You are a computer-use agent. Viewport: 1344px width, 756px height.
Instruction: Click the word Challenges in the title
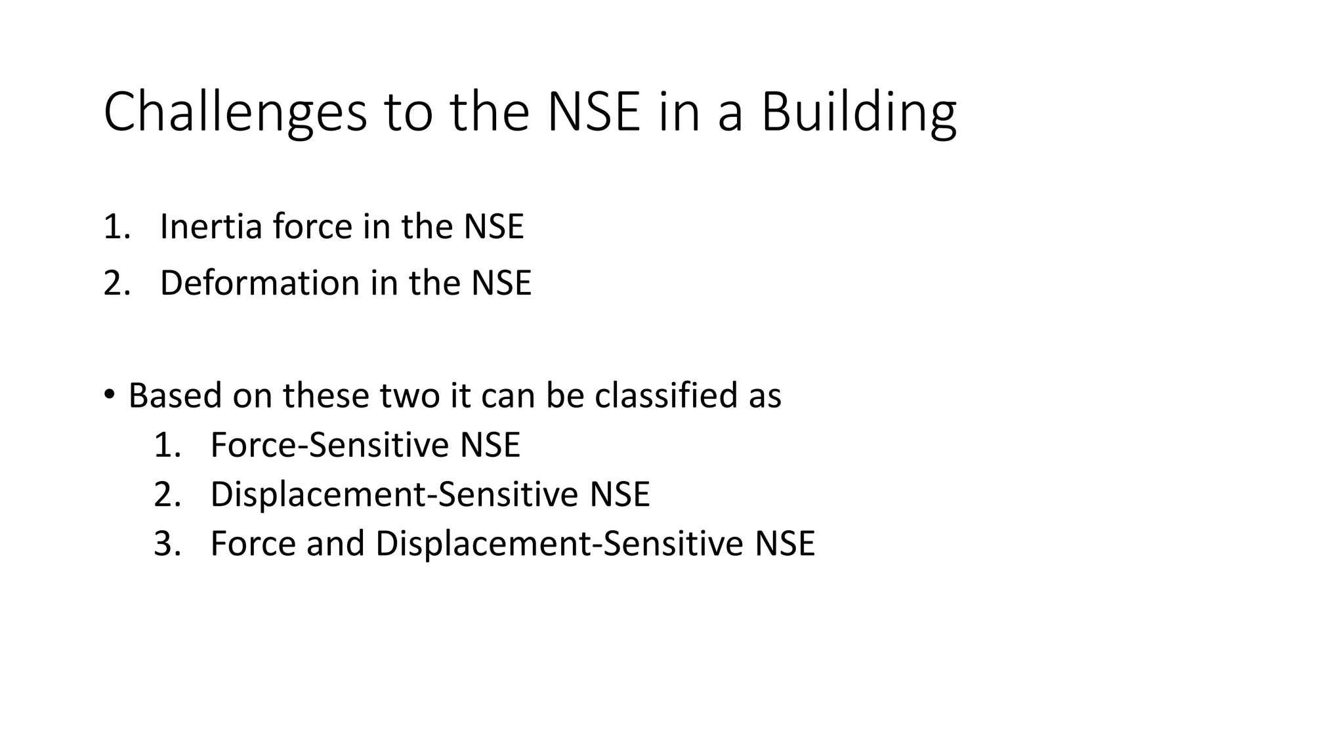click(x=235, y=113)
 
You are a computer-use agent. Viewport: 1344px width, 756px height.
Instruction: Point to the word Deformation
click(x=260, y=283)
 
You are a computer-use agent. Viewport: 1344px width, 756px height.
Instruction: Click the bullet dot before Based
click(x=109, y=394)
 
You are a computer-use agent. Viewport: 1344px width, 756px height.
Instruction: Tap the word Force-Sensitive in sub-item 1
click(x=329, y=445)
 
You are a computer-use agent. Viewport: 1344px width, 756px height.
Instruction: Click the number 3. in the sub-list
click(x=167, y=544)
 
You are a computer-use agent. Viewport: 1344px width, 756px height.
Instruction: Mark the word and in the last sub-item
click(x=335, y=544)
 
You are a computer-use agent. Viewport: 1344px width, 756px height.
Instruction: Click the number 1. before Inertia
click(x=117, y=227)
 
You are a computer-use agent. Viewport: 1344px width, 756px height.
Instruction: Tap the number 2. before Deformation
click(x=117, y=283)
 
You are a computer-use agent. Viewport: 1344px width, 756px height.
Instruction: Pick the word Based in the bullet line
click(x=175, y=396)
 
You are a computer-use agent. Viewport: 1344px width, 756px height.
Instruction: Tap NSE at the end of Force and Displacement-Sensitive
click(x=785, y=544)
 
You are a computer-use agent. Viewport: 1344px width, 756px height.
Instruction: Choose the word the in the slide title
click(x=490, y=113)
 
